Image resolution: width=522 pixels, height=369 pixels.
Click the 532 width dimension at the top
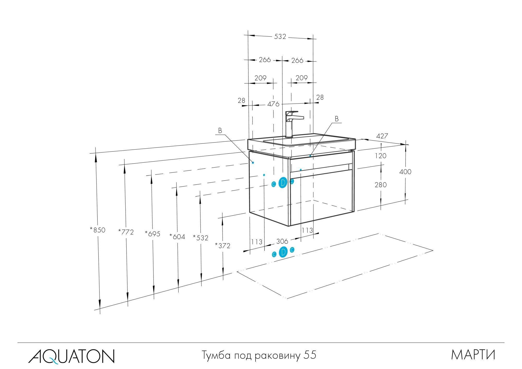point(280,37)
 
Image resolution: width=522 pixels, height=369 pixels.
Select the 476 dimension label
point(273,104)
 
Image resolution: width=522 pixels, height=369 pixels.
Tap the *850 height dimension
point(98,230)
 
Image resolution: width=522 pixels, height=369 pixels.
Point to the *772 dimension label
point(126,232)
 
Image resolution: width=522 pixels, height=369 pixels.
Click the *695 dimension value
point(153,234)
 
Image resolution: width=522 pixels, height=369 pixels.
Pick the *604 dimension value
point(177,237)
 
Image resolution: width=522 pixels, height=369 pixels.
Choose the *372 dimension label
point(223,246)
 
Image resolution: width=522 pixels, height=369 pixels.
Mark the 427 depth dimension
point(382,136)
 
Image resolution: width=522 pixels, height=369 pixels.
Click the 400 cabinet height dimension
point(405,172)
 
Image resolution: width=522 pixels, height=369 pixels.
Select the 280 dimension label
point(381,185)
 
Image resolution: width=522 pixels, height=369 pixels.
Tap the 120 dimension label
point(381,156)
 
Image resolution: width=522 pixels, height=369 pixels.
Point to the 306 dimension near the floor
point(282,241)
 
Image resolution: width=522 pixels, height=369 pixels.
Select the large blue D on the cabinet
point(283,183)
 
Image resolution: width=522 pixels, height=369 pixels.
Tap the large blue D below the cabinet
point(283,252)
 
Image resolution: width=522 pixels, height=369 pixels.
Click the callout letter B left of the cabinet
point(220,131)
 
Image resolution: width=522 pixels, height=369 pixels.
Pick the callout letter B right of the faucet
point(337,119)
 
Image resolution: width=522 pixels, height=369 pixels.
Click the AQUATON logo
point(71,356)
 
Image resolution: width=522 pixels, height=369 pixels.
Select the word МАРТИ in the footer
point(473,355)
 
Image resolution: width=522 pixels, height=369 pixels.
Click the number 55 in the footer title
point(310,355)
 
